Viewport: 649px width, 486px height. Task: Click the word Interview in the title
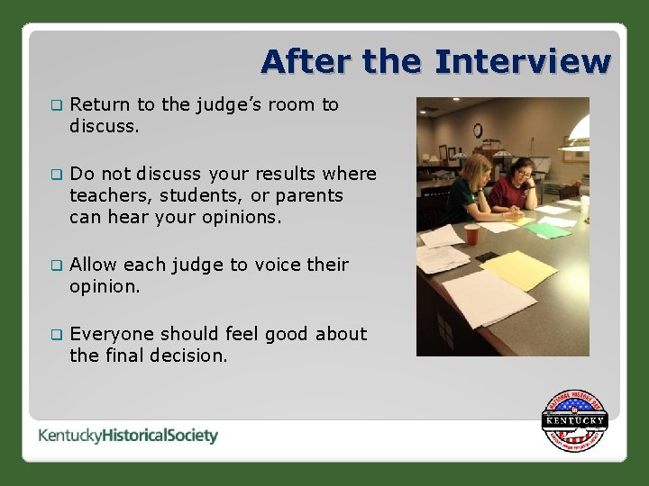pos(522,62)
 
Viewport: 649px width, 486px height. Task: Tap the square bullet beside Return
pos(56,105)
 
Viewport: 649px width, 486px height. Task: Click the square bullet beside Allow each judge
pos(56,265)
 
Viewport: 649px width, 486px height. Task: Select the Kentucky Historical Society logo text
pos(128,436)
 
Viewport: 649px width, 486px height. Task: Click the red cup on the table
pos(472,234)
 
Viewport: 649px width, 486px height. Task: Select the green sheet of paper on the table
pos(548,229)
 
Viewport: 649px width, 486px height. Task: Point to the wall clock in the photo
pos(478,130)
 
